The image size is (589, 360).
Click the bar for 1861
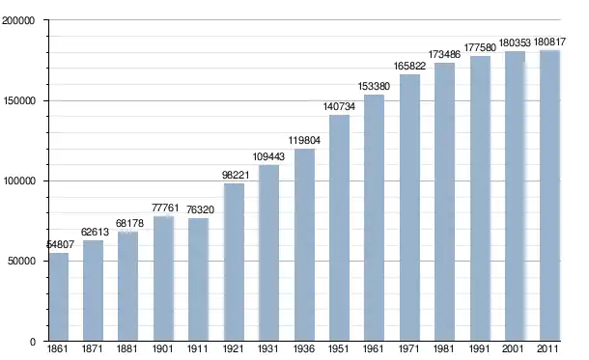(x=59, y=297)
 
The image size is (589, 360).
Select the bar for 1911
(x=198, y=280)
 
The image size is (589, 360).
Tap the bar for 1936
(x=305, y=245)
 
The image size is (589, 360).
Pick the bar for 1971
(x=409, y=208)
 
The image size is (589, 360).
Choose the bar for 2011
(x=550, y=196)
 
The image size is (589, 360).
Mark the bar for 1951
(x=339, y=228)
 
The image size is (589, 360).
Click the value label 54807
(x=60, y=245)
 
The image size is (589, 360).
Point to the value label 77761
(x=165, y=208)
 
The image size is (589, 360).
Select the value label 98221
(x=236, y=175)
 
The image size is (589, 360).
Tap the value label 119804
(x=304, y=140)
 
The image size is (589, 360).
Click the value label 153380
(x=374, y=86)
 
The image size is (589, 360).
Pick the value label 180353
(x=515, y=42)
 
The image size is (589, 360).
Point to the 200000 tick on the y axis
(x=18, y=20)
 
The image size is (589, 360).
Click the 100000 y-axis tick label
(x=19, y=180)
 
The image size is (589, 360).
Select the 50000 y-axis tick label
(x=21, y=261)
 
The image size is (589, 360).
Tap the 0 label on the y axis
(x=33, y=342)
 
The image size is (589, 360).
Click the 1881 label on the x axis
(x=126, y=348)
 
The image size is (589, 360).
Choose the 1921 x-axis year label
(x=234, y=348)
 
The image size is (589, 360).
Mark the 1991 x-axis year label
(x=479, y=348)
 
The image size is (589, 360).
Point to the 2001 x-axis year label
(x=513, y=348)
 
